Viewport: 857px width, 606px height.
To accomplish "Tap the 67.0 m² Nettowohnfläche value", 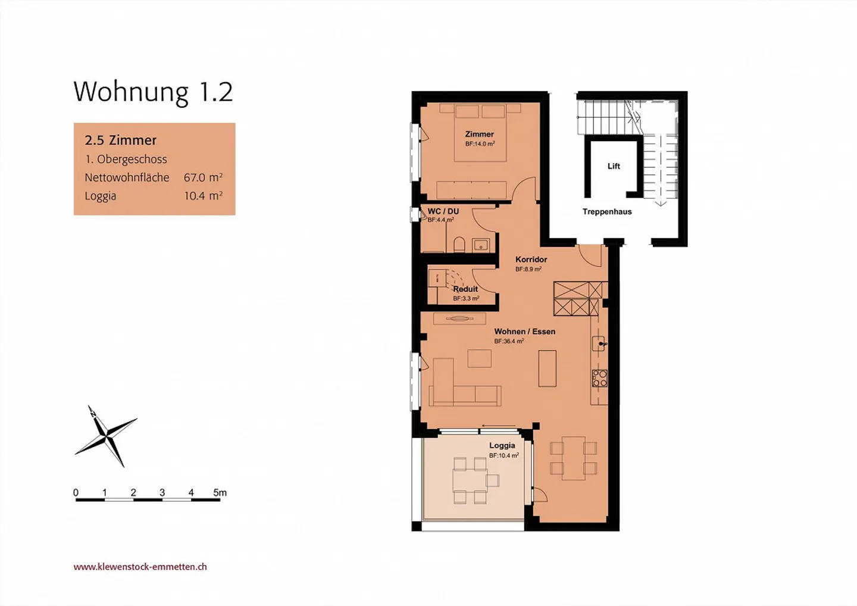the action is [x=203, y=177].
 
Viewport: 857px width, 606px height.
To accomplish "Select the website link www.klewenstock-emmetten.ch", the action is [x=140, y=567].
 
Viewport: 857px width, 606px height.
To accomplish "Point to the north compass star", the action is [x=106, y=436].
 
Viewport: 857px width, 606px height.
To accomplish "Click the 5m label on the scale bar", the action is [x=220, y=492].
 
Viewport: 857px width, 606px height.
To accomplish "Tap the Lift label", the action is [x=614, y=166].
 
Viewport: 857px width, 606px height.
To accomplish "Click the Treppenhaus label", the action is [x=607, y=211].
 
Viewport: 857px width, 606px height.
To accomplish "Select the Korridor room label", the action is [x=531, y=260].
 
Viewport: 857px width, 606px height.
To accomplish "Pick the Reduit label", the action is [x=465, y=289].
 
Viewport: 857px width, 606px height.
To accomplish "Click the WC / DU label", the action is [x=443, y=211].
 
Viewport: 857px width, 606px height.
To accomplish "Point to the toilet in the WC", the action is [x=459, y=245].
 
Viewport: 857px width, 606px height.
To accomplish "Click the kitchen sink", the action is [x=599, y=343].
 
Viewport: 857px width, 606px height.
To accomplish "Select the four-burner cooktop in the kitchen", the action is [x=599, y=379].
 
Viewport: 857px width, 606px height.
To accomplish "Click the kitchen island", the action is [x=548, y=368].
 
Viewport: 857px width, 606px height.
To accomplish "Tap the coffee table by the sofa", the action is [x=480, y=358].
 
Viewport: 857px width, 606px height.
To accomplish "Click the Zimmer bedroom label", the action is [x=480, y=135].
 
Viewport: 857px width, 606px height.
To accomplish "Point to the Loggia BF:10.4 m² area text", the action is [x=504, y=455].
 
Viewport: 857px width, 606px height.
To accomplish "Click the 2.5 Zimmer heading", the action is [x=120, y=140].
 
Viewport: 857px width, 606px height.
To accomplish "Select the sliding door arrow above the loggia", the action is [x=499, y=426].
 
